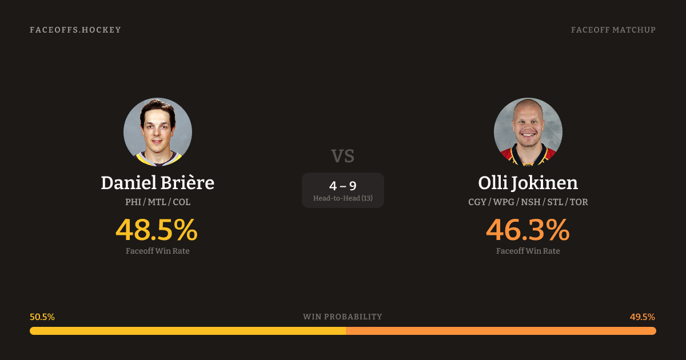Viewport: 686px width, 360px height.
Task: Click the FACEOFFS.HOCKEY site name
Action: point(75,30)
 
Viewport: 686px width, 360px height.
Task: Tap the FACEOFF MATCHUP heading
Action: point(613,30)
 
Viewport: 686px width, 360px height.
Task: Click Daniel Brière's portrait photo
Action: point(158,132)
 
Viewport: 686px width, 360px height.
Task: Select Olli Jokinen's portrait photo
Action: point(528,132)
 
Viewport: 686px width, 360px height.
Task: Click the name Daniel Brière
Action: point(158,183)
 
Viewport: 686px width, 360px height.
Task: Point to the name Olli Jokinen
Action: point(528,183)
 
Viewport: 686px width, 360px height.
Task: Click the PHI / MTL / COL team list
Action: point(158,202)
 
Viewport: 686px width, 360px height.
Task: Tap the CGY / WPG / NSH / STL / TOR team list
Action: point(528,202)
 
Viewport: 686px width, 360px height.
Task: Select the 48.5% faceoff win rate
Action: point(157,230)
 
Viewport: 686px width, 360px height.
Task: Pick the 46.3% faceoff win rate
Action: point(528,230)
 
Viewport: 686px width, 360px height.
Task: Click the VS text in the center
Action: point(342,156)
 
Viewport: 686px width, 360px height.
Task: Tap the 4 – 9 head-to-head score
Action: point(342,186)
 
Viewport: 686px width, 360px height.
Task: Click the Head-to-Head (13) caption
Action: point(342,198)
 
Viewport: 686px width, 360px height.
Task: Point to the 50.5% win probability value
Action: point(42,317)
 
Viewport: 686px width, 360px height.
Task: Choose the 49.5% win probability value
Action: point(643,317)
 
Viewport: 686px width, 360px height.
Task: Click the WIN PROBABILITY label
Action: point(342,317)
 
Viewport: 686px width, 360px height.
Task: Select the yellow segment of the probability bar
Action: point(188,331)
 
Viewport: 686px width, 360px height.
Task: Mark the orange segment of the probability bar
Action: point(501,331)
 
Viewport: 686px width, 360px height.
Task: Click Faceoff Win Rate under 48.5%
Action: point(158,251)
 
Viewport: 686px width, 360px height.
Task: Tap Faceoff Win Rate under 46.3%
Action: point(528,251)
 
